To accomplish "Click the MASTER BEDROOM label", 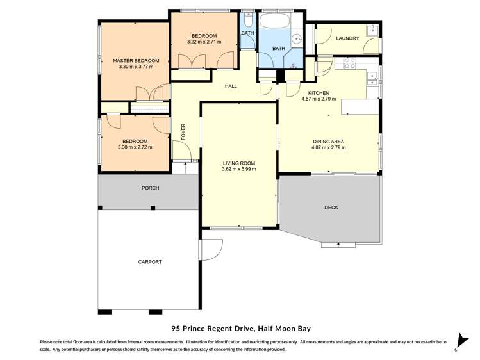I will (135, 61).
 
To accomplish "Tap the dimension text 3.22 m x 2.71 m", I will (204, 42).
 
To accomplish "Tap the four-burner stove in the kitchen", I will (350, 63).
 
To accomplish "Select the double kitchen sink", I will (372, 79).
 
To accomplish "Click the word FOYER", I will (183, 131).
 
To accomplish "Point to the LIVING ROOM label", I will (238, 163).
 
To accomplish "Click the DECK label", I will (331, 208).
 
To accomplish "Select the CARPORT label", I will (150, 262).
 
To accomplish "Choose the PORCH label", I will (150, 188).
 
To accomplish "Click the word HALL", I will (231, 86).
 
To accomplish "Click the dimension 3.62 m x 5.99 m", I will (238, 170).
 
